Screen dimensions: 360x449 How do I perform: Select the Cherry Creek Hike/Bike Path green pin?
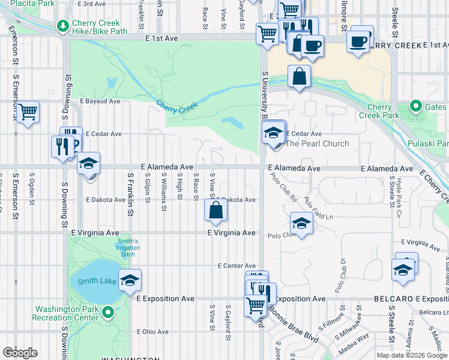[x=62, y=26]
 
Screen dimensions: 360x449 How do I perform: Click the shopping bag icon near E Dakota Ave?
[x=215, y=210]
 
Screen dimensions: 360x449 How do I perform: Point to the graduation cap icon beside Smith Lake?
[x=129, y=280]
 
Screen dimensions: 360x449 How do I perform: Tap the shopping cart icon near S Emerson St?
[x=28, y=112]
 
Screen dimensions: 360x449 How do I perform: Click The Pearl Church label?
[x=317, y=143]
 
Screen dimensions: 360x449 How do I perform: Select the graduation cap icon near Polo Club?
[x=301, y=223]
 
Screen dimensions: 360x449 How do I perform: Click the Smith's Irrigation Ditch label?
[x=128, y=248]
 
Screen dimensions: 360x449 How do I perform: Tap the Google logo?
[x=20, y=352]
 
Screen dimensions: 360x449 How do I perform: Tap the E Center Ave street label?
[x=237, y=265]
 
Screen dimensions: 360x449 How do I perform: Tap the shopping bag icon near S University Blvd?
[x=299, y=77]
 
